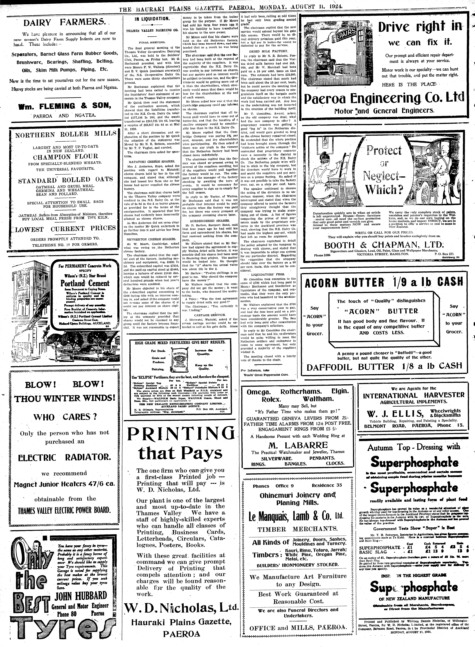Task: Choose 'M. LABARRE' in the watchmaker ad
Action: click(x=298, y=445)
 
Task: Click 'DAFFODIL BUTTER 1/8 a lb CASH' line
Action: click(x=384, y=366)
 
